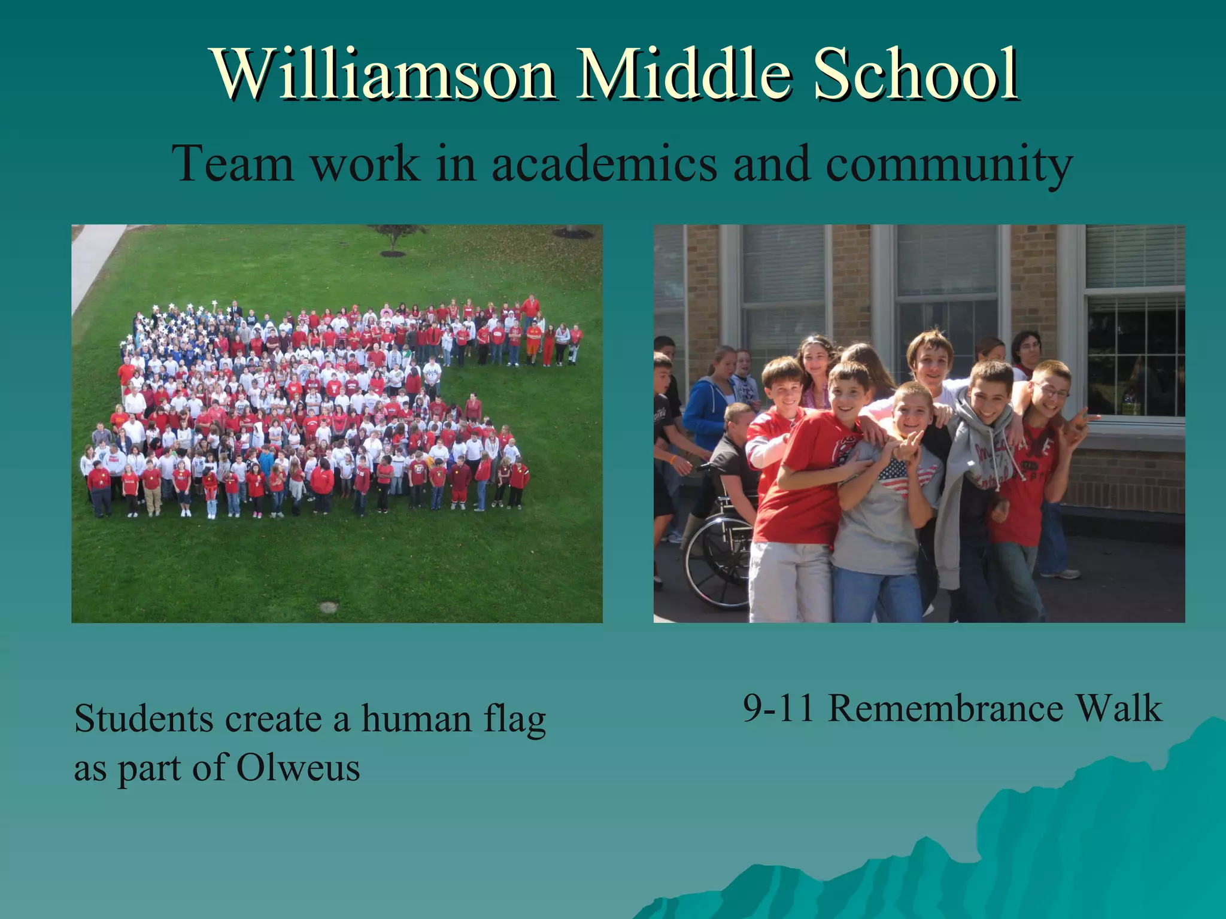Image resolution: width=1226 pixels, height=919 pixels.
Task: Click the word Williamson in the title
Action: pyautogui.click(x=383, y=74)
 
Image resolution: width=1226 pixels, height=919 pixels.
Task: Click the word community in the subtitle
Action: pyautogui.click(x=948, y=164)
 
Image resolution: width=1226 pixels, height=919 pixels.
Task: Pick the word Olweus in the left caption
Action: pyautogui.click(x=298, y=767)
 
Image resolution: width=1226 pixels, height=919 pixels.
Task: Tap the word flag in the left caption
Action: pyautogui.click(x=514, y=719)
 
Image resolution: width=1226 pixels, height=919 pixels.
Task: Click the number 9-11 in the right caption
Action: pyautogui.click(x=778, y=708)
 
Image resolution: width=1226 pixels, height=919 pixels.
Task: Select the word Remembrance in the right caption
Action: pyautogui.click(x=945, y=708)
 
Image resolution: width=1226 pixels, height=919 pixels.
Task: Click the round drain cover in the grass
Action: pyautogui.click(x=329, y=607)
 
